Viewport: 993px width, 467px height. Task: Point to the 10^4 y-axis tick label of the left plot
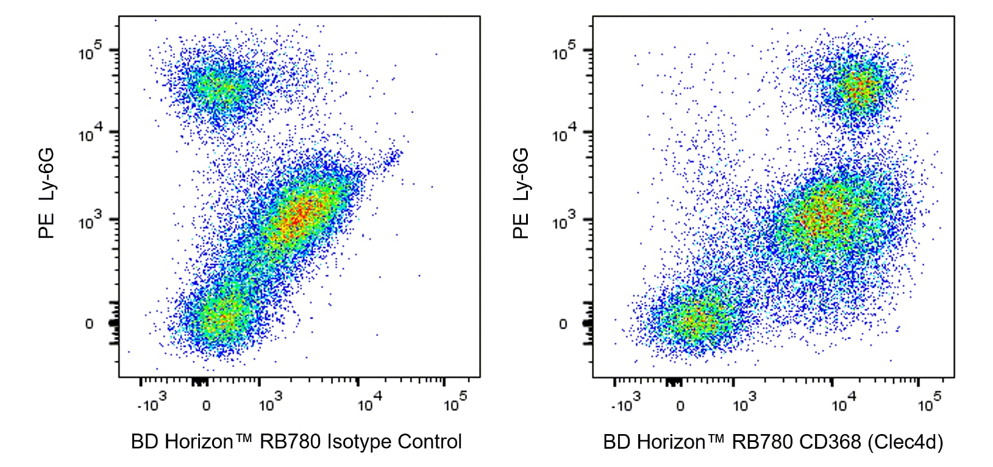[90, 132]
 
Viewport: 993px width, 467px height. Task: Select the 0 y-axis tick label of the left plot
[89, 324]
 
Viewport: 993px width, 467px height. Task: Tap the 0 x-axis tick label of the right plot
[680, 406]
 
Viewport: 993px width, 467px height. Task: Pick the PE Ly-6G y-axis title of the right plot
[521, 193]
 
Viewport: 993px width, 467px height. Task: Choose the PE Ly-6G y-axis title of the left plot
[46, 193]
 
